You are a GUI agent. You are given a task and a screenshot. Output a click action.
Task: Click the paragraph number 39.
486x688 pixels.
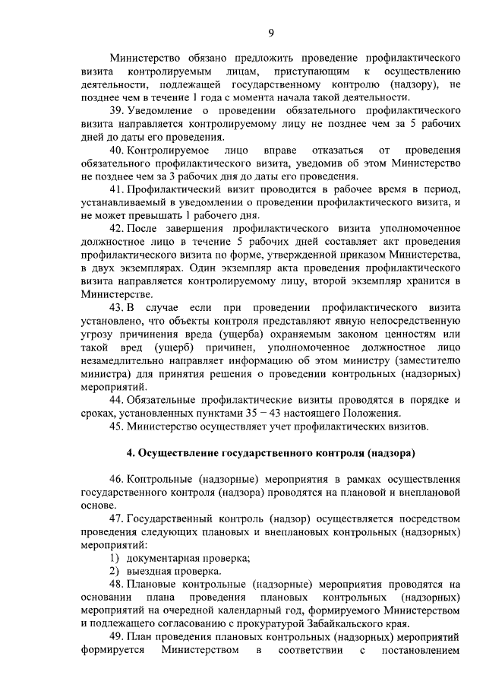coord(117,110)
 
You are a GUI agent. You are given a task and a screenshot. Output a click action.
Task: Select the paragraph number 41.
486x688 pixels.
coord(117,189)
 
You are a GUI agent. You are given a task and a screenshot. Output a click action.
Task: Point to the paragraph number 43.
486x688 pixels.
coord(117,307)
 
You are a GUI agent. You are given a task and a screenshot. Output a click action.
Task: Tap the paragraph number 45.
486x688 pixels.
coord(117,426)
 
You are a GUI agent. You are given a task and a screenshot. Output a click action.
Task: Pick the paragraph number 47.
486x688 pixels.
coord(117,518)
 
